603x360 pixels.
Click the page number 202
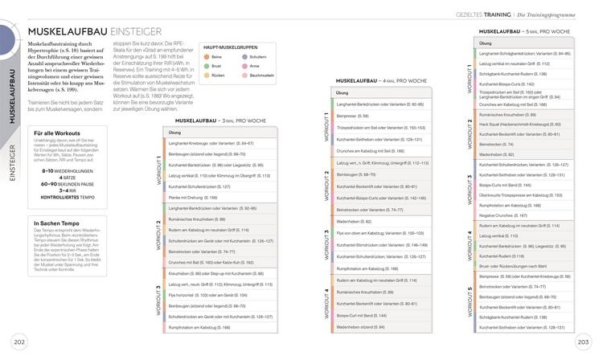19,343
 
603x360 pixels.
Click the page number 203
585,343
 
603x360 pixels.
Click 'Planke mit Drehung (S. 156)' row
193,197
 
